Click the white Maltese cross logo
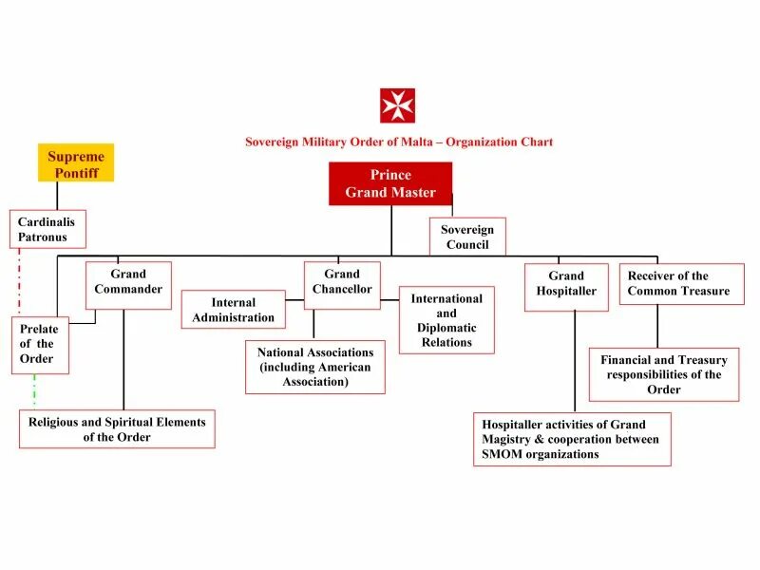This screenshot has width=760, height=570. click(x=397, y=105)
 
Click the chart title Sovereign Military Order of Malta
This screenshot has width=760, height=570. click(x=399, y=142)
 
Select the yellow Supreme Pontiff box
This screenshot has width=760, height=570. click(x=76, y=162)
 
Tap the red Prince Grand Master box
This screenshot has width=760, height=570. click(x=390, y=183)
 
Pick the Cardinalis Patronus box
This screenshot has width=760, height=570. click(x=47, y=229)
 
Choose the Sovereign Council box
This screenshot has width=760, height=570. click(x=467, y=237)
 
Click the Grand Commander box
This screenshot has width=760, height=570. click(x=128, y=285)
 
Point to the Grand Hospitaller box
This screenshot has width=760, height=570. click(x=566, y=287)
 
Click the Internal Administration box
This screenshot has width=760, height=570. click(x=234, y=310)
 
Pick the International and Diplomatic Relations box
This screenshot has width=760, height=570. click(x=446, y=320)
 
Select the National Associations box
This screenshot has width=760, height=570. click(x=315, y=367)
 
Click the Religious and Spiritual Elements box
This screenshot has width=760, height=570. click(x=117, y=428)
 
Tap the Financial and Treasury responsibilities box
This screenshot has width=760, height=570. click(x=664, y=374)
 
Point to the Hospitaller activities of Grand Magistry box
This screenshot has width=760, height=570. click(x=571, y=439)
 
